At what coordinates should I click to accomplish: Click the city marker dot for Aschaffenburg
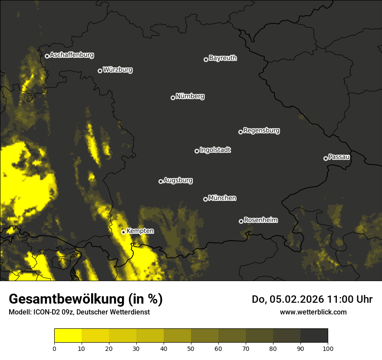(47, 56)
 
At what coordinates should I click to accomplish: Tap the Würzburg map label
(118, 70)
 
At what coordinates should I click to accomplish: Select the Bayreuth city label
(223, 58)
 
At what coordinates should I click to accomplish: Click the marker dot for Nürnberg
(173, 98)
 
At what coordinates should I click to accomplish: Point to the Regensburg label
(261, 131)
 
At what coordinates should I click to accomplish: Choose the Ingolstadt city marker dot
(197, 151)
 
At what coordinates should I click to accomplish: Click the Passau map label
(339, 157)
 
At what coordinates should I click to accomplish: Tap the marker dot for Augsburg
(161, 181)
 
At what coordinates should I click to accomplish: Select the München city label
(222, 198)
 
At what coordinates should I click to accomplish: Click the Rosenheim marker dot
(241, 221)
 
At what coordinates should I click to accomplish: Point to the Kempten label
(140, 231)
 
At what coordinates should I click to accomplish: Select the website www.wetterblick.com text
(313, 312)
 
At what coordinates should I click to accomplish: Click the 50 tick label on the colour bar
(191, 348)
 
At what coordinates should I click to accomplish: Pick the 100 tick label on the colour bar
(328, 348)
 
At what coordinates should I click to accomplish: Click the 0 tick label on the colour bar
(54, 348)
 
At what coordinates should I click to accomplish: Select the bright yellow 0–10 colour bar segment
(68, 336)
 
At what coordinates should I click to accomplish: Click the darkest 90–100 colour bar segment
(314, 336)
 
